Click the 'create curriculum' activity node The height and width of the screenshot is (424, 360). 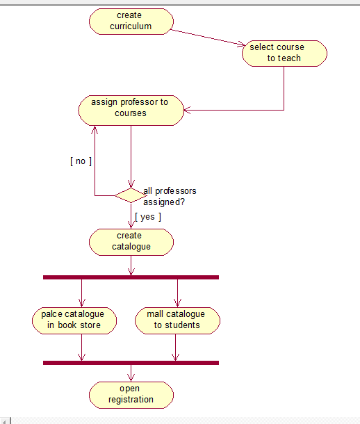coord(131,22)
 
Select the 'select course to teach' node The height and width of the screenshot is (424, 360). coord(284,54)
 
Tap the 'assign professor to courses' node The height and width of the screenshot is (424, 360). coord(131,111)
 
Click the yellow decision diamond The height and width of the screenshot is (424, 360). coord(131,195)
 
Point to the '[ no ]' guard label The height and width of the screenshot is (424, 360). coord(81,161)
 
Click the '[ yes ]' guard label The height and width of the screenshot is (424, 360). coord(148,217)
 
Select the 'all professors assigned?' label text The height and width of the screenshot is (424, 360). coord(170,196)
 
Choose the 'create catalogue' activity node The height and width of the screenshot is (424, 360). coord(131,242)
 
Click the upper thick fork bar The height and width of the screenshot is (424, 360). coord(131,277)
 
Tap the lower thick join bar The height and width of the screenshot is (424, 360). coord(131,363)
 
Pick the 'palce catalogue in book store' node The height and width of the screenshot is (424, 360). coord(74,320)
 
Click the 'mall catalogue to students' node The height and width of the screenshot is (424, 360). coord(177,320)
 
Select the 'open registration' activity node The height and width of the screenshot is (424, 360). coord(131,395)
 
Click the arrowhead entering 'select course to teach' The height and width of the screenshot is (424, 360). coord(241,44)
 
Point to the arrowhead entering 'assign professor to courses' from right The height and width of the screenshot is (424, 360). coord(187,110)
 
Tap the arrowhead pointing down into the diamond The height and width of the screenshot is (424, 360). coord(131,184)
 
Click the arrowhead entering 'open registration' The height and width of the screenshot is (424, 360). coord(131,377)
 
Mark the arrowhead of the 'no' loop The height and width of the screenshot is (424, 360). coord(95,130)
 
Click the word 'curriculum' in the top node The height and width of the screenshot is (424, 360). coord(131,26)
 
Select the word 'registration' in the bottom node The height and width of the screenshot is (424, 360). coord(131,400)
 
